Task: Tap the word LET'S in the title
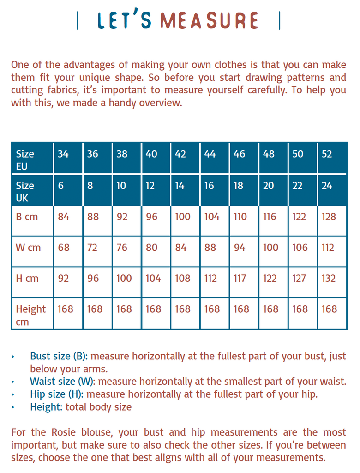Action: pos(125,21)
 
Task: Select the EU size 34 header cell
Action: pos(63,154)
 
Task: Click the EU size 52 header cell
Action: pos(327,154)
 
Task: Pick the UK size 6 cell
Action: pos(61,186)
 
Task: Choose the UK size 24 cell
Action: pos(327,186)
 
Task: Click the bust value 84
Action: pos(64,217)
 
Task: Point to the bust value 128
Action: pos(329,217)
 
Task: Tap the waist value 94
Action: pos(240,248)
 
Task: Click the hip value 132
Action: pos(329,279)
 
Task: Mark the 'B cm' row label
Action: pos(27,217)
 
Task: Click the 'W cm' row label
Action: pos(28,248)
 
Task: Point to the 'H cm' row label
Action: pos(27,279)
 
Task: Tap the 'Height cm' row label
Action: pos(30,315)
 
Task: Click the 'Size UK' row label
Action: pos(25,192)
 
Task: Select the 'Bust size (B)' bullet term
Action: pos(60,357)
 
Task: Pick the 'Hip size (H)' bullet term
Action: pos(57,394)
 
